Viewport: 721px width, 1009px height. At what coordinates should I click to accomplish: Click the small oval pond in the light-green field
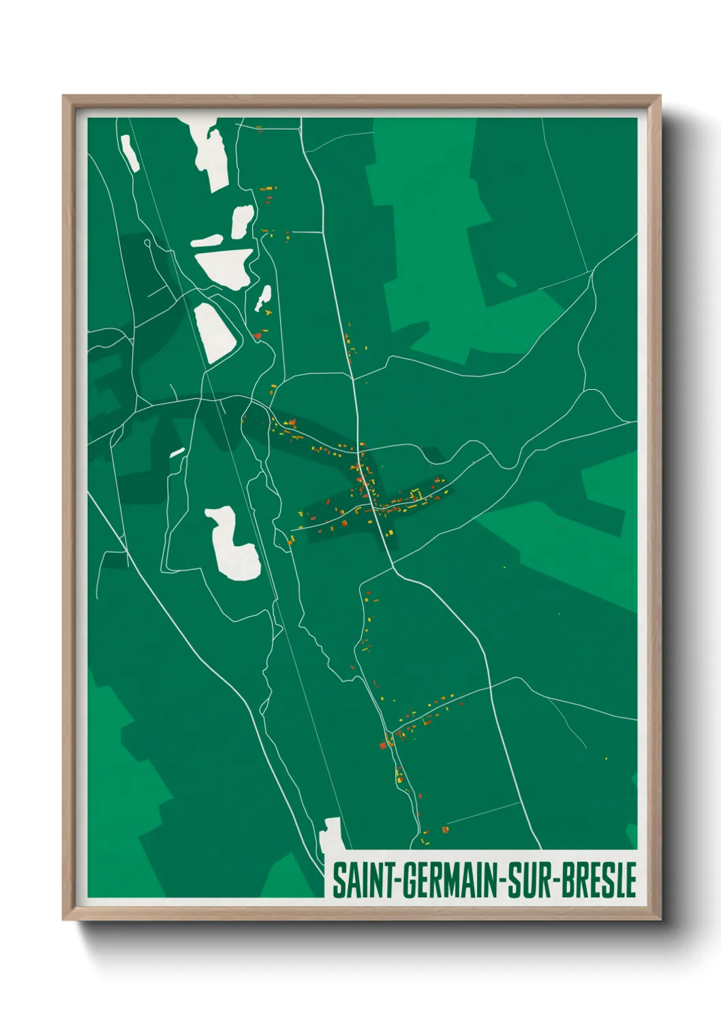tap(506, 279)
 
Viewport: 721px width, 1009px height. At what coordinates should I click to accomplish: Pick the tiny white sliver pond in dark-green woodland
tap(177, 452)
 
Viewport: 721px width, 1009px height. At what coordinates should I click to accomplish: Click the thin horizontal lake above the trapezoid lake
tap(206, 241)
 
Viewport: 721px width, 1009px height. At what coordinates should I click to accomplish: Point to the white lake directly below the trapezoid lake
tap(213, 333)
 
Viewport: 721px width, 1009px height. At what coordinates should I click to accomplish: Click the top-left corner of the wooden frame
tap(63, 96)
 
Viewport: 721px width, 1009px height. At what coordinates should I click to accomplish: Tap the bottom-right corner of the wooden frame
tap(660, 918)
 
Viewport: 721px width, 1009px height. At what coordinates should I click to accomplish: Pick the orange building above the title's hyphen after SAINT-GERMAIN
tap(445, 829)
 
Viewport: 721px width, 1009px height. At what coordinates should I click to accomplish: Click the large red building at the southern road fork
tap(383, 745)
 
